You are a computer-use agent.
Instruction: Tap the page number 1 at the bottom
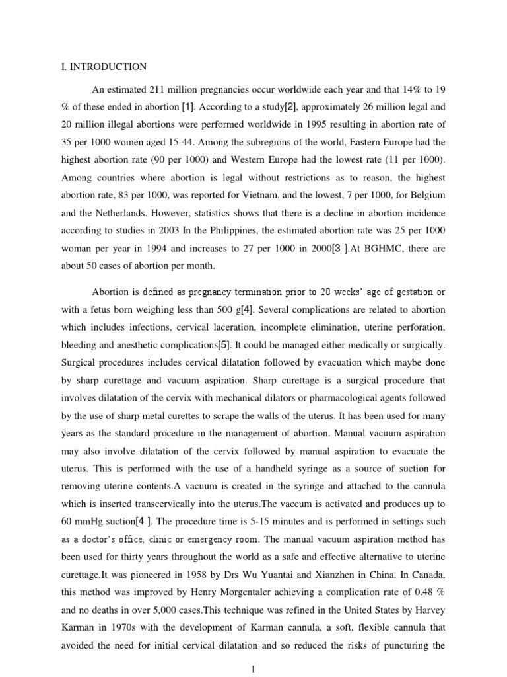click(x=253, y=669)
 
